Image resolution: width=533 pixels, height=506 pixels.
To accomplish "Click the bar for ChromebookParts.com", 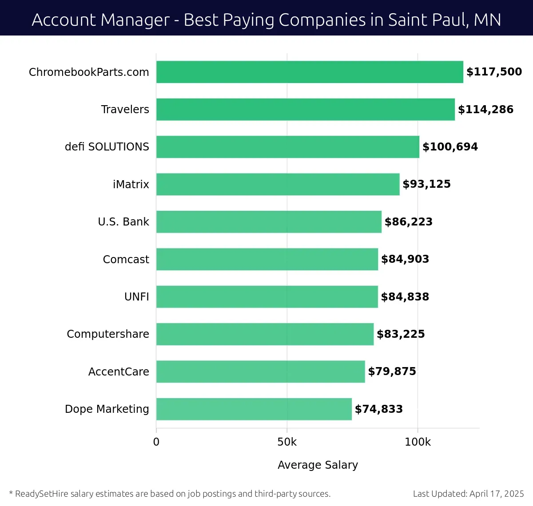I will point(310,72).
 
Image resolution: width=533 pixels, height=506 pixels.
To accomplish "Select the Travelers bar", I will point(306,109).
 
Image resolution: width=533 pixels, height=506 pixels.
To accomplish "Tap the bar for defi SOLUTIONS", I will point(288,147).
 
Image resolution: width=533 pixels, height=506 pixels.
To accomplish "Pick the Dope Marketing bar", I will point(254,409).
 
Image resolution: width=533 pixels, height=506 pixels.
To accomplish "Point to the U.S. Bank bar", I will point(269,222).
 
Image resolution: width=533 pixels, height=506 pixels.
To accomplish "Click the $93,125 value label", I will point(426,184).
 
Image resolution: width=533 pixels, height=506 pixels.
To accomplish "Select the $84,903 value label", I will point(405,259).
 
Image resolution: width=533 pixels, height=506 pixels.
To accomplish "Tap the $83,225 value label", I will point(401,334).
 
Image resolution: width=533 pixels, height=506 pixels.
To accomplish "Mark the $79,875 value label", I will point(392,372).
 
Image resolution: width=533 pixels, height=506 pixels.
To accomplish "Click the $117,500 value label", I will point(494,72).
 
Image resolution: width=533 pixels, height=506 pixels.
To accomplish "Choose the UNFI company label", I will point(137,297).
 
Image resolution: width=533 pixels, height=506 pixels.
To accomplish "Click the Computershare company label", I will point(108,334).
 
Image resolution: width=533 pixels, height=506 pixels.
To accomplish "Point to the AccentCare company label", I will point(119,372).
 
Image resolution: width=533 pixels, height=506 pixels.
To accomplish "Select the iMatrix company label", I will point(131,185).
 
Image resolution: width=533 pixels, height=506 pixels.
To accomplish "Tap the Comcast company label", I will point(126,260).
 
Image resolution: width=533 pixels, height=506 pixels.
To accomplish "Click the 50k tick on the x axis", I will point(287,442).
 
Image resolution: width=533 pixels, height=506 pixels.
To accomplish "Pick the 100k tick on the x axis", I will point(418,442).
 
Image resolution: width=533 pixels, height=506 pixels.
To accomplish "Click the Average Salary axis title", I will point(318,465).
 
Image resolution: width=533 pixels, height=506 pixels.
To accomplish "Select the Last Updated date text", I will point(469,494).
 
